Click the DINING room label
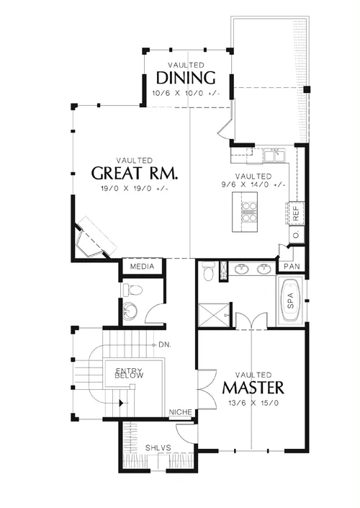pyautogui.click(x=186, y=78)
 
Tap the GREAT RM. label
pyautogui.click(x=135, y=173)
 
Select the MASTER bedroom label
pyautogui.click(x=253, y=388)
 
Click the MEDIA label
pyautogui.click(x=142, y=267)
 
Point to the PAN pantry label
pyautogui.click(x=292, y=267)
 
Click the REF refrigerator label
pyautogui.click(x=296, y=213)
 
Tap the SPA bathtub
pyautogui.click(x=290, y=300)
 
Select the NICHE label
pyautogui.click(x=180, y=411)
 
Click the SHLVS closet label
pyautogui.click(x=158, y=447)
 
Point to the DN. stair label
pyautogui.click(x=165, y=344)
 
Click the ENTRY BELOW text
pyautogui.click(x=129, y=373)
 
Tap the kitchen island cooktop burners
pyautogui.click(x=249, y=212)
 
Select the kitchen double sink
pyautogui.click(x=274, y=155)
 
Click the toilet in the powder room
pyautogui.click(x=132, y=290)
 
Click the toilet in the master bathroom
pyautogui.click(x=208, y=271)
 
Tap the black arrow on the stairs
pyautogui.click(x=122, y=403)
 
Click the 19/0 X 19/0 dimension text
pyautogui.click(x=135, y=189)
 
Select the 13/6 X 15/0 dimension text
pyautogui.click(x=253, y=403)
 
